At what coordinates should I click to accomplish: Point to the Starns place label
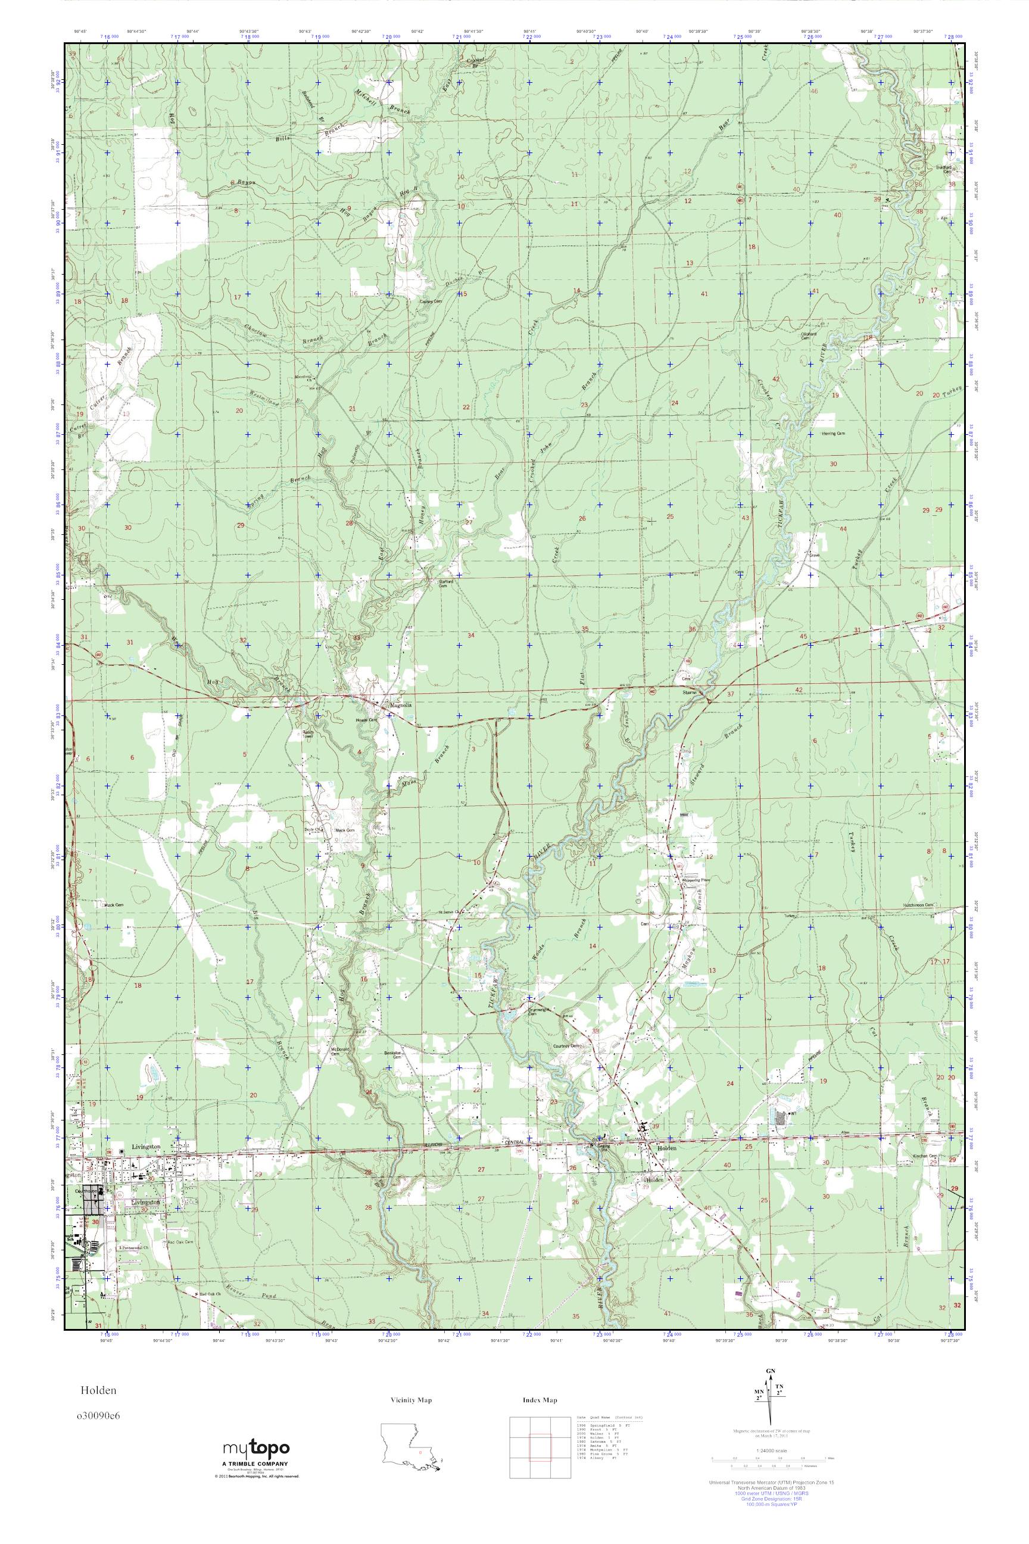click(x=689, y=691)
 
